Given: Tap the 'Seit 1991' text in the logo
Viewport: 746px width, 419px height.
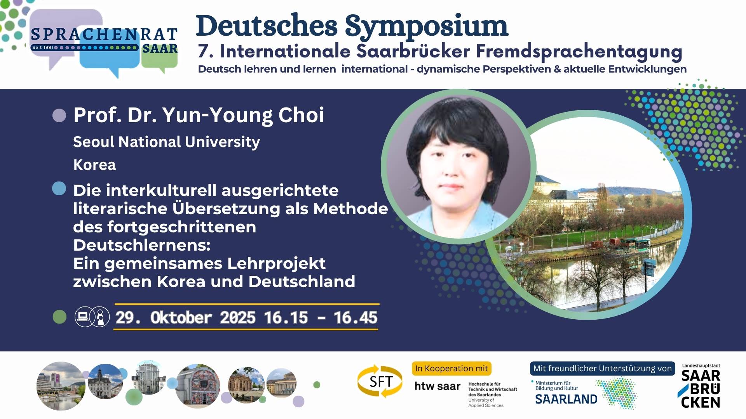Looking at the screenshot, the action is (43, 47).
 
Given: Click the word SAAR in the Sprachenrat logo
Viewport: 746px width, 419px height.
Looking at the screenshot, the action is (160, 48).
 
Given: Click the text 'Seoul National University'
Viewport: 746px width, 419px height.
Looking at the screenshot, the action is (166, 142).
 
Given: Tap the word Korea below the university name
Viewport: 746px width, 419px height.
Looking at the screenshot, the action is (94, 165).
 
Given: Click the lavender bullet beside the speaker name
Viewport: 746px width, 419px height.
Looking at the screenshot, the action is (59, 115).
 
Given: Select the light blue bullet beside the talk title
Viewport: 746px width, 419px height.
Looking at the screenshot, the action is (59, 189).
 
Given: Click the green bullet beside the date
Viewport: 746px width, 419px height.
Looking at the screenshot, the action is (59, 317).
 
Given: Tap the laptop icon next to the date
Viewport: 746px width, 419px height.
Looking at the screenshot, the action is (83, 317).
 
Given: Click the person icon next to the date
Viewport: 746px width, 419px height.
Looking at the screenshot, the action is (101, 317).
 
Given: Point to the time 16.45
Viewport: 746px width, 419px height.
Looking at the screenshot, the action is (356, 318).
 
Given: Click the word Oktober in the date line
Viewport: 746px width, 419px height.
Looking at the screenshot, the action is (181, 318).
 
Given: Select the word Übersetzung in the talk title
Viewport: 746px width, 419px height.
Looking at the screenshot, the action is (226, 208).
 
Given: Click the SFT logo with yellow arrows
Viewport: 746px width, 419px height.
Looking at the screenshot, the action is (380, 381).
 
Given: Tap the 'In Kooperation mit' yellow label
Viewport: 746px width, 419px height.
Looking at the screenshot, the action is (451, 369).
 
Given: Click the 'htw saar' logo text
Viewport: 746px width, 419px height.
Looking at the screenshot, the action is (437, 386).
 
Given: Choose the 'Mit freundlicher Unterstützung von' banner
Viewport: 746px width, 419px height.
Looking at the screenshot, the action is (602, 369).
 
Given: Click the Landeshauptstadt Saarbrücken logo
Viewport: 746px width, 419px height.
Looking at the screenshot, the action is (701, 386).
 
